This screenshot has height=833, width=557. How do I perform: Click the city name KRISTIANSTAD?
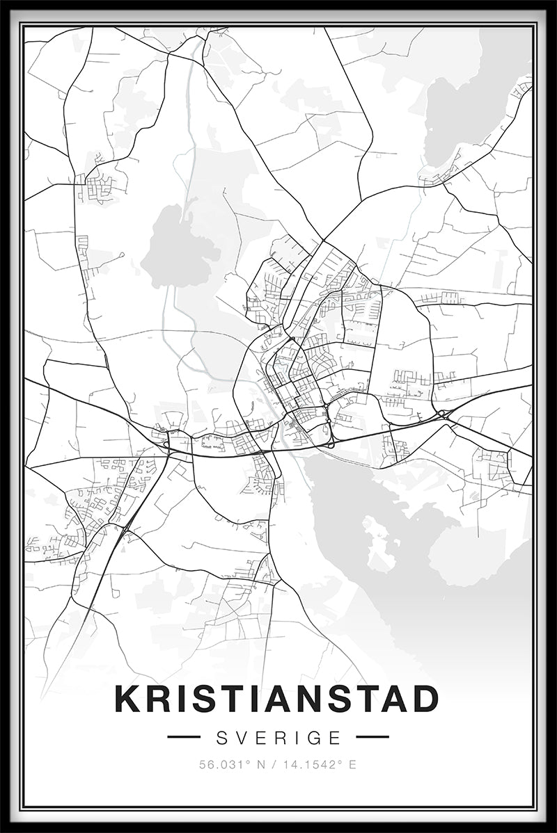pyautogui.click(x=277, y=699)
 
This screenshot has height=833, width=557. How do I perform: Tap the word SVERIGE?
pyautogui.click(x=278, y=737)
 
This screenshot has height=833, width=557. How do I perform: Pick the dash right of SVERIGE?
pyautogui.click(x=372, y=737)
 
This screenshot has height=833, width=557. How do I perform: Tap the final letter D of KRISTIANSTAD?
pyautogui.click(x=424, y=699)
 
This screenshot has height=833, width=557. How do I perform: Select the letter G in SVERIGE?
pyautogui.click(x=317, y=737)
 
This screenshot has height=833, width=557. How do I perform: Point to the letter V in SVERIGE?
pyautogui.click(x=241, y=737)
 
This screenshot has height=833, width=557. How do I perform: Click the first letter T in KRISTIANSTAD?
pyautogui.click(x=224, y=699)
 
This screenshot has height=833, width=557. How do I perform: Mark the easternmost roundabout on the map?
pyautogui.click(x=441, y=414)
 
